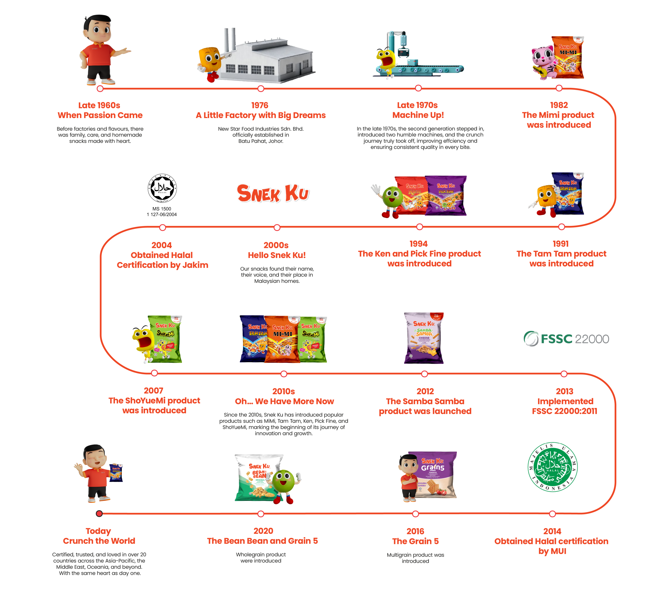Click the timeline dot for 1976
click(x=261, y=89)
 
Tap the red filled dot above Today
click(x=99, y=513)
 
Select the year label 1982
click(x=559, y=105)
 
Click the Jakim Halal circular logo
click(x=162, y=188)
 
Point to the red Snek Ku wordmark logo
click(x=273, y=193)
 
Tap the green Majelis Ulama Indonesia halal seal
click(x=552, y=467)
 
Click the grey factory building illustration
click(x=268, y=61)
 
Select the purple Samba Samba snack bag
click(x=424, y=338)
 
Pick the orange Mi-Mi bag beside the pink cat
click(x=568, y=57)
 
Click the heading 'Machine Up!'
click(x=418, y=115)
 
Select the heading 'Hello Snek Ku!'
click(x=276, y=255)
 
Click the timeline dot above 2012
click(x=424, y=373)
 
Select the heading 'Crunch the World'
click(x=99, y=541)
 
